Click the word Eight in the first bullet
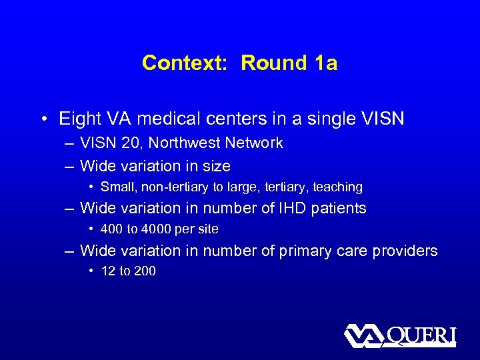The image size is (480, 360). coord(79,119)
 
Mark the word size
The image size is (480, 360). coord(215,166)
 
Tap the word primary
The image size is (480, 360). coord(287,251)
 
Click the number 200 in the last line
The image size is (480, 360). coord(145,272)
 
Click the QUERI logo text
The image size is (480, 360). coord(421,335)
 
